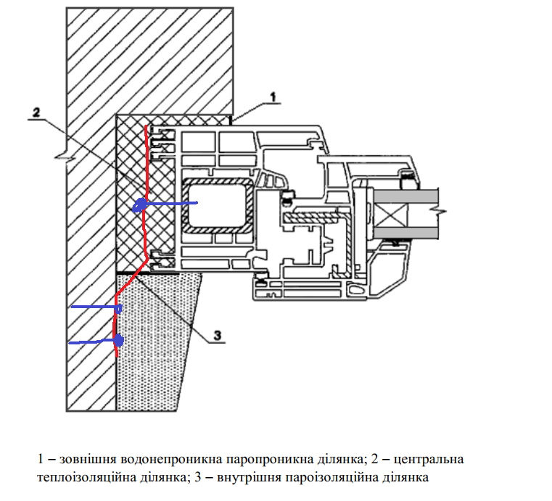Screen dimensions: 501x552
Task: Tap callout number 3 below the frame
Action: (x=216, y=335)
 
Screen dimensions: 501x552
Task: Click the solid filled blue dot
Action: (x=118, y=340)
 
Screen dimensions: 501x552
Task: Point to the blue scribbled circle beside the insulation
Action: (x=139, y=206)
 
